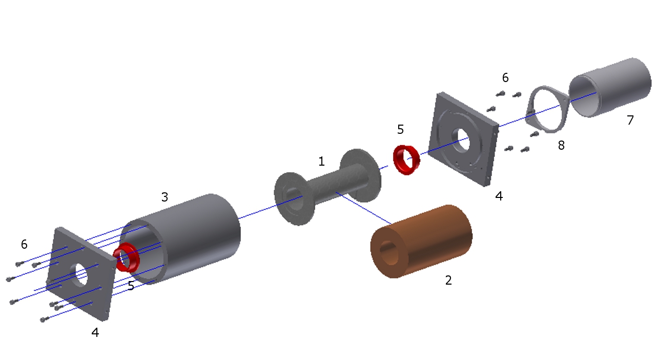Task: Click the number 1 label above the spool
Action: (321, 162)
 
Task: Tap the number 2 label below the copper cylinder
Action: (448, 281)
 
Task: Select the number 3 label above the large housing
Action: (165, 197)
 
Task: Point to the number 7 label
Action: (630, 120)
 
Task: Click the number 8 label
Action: (561, 146)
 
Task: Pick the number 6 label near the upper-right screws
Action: (505, 77)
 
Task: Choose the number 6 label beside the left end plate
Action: (24, 244)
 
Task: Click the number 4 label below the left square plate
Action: (95, 332)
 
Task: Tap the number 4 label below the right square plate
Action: (499, 196)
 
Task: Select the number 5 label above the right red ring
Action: (400, 129)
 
